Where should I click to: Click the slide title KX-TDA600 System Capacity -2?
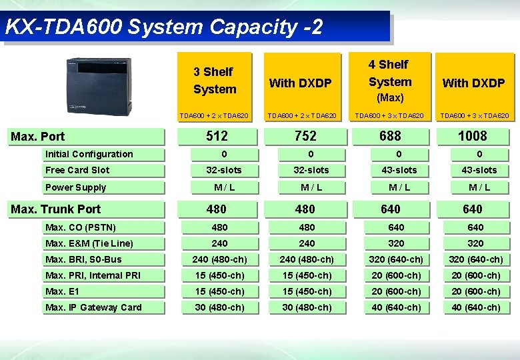(x=163, y=27)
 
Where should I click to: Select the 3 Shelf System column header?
(x=215, y=81)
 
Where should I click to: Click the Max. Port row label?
(x=38, y=137)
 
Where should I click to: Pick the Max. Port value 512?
(x=217, y=136)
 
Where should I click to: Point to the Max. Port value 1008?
(x=473, y=136)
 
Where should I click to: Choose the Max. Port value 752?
(x=305, y=136)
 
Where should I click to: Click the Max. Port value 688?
(x=391, y=136)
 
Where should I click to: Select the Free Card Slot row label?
(x=77, y=170)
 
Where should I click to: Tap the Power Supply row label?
(x=75, y=187)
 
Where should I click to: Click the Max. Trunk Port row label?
(x=56, y=209)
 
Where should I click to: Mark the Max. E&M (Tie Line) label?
(x=89, y=243)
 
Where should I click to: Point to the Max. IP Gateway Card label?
(x=93, y=307)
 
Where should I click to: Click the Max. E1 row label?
(x=62, y=291)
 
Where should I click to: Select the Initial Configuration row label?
(x=89, y=154)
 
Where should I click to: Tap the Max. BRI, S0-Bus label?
(x=83, y=259)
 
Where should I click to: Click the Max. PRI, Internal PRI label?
(x=93, y=275)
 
